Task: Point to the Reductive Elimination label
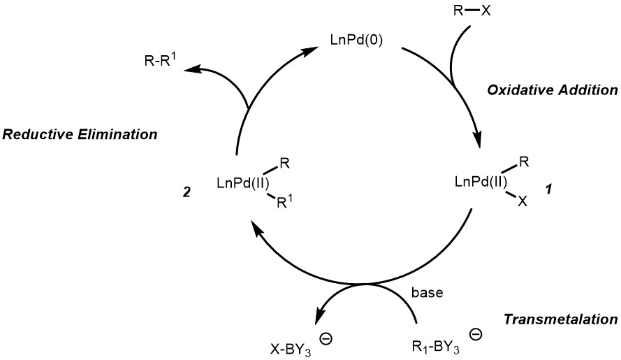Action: click(78, 134)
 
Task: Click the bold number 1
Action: click(547, 189)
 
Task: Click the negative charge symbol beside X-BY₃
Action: click(326, 338)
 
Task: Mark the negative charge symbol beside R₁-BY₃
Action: click(476, 336)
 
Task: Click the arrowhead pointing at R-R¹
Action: click(198, 69)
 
